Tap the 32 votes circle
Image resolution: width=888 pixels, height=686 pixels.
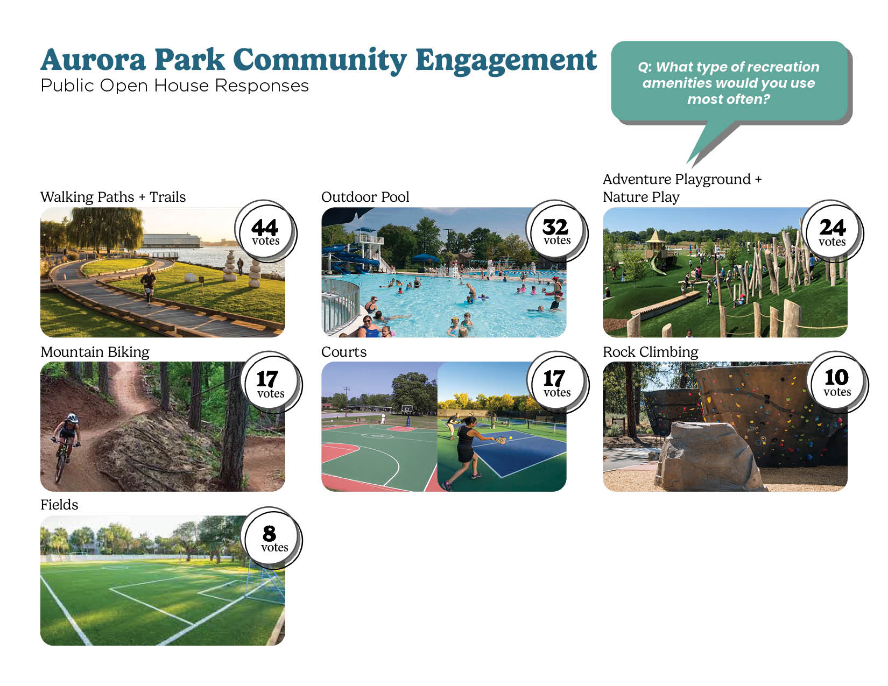tap(556, 230)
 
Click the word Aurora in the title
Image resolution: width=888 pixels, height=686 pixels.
tap(93, 60)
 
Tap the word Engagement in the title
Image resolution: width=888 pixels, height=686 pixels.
tap(506, 61)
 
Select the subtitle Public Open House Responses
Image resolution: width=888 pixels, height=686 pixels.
tap(174, 86)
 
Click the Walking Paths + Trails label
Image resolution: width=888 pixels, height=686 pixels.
tap(113, 197)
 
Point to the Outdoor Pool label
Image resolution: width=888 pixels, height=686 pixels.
tap(365, 197)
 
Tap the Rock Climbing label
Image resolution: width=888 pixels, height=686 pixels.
tap(650, 352)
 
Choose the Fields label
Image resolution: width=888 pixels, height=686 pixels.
tap(59, 505)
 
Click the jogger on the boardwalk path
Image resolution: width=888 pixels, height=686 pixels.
tap(149, 286)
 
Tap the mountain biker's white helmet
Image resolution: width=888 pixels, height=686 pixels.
tap(72, 418)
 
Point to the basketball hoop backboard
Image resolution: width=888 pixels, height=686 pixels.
tap(406, 408)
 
